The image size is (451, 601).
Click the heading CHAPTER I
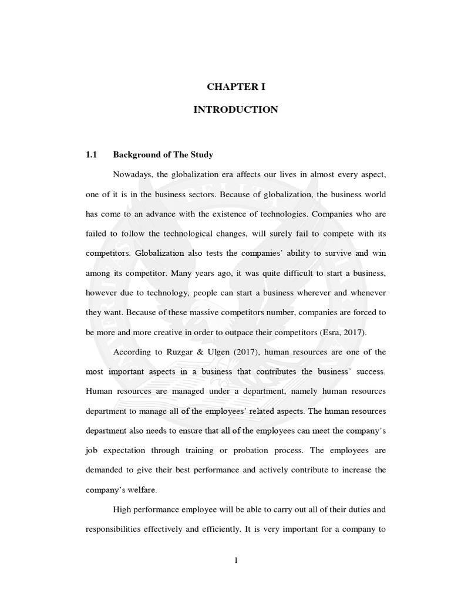pos(235,86)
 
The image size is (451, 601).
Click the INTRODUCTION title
pos(235,110)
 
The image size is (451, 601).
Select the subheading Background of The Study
pos(163,155)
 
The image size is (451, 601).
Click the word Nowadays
pos(132,175)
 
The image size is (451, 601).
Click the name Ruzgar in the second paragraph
pos(188,352)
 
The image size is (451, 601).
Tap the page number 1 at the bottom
pos(235,560)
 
